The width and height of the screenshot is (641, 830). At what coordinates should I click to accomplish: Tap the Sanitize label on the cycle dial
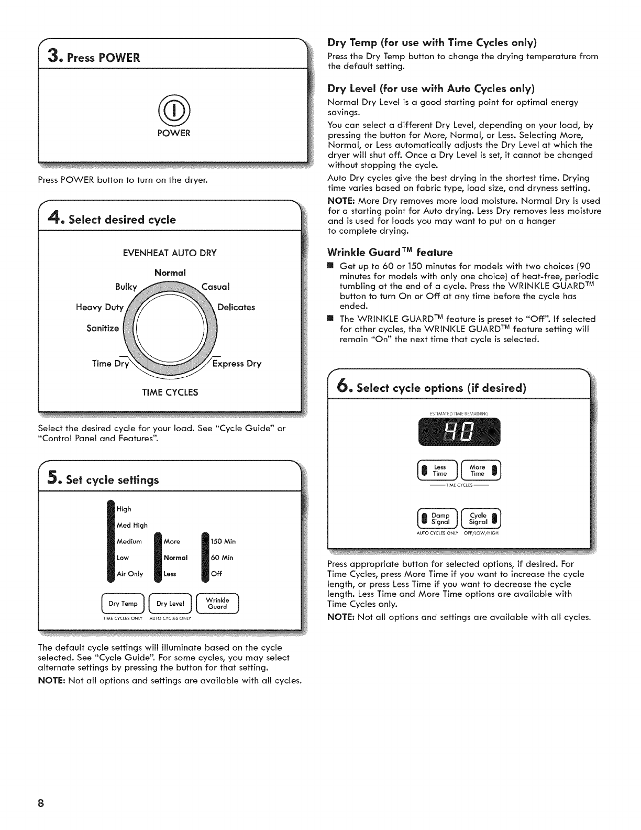click(103, 329)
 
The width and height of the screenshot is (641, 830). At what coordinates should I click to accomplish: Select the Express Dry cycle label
click(237, 364)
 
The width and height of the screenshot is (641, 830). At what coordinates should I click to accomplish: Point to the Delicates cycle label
click(236, 307)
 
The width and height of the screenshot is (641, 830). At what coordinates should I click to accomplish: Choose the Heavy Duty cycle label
click(100, 307)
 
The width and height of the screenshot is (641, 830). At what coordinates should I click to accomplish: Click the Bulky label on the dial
click(126, 287)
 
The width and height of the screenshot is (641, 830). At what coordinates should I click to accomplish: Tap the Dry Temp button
click(123, 604)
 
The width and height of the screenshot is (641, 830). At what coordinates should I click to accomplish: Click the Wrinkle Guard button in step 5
click(217, 604)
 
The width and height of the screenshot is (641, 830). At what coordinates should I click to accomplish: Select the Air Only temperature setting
click(129, 574)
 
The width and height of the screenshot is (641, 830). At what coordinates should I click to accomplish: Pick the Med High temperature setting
click(132, 525)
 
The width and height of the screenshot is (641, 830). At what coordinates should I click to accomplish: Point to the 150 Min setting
click(223, 541)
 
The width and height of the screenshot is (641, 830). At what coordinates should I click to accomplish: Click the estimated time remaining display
click(459, 432)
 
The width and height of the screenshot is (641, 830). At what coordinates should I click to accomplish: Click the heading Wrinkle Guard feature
click(390, 252)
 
